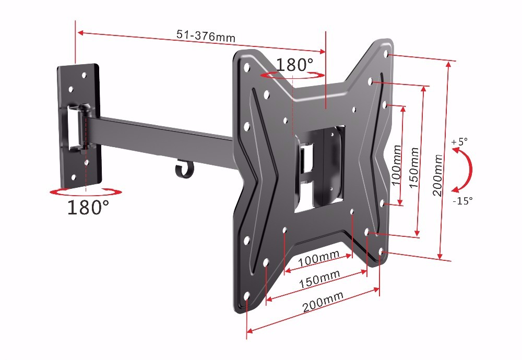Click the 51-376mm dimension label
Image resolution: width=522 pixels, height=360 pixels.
point(206,35)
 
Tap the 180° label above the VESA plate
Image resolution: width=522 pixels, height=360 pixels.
point(294,65)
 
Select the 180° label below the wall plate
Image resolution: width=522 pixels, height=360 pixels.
point(88,207)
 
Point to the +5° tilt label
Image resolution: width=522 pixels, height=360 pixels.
point(459,141)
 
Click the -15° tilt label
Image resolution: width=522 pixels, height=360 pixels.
point(462,201)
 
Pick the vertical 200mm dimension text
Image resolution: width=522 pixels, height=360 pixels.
point(438,175)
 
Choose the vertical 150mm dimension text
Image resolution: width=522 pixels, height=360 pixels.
point(414,167)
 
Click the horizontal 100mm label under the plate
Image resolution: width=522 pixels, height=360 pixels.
point(318,258)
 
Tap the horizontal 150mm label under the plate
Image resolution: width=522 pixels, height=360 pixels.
point(319,279)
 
